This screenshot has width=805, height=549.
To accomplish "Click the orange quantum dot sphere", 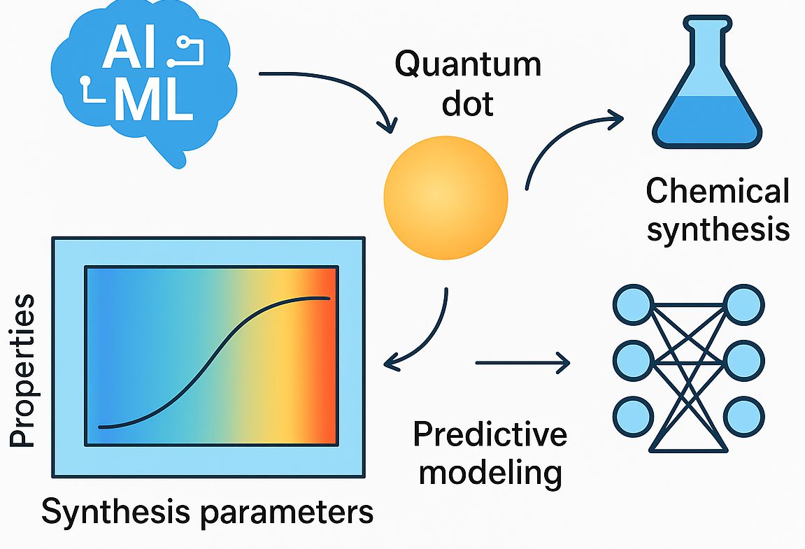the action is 446,198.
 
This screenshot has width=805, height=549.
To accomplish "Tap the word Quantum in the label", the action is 468,65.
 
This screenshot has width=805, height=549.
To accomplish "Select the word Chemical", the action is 718,191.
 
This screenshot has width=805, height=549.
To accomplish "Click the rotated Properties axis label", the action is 22,370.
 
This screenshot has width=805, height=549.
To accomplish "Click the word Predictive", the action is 490,434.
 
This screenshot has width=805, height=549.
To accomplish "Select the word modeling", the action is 490,473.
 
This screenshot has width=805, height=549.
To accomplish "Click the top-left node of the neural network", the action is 633,304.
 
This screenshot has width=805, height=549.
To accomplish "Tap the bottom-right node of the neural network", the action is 744,417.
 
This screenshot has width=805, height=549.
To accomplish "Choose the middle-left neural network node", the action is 633,360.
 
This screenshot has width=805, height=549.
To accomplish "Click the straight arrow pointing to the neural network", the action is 522,362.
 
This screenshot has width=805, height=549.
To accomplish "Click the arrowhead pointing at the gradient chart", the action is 393,362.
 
